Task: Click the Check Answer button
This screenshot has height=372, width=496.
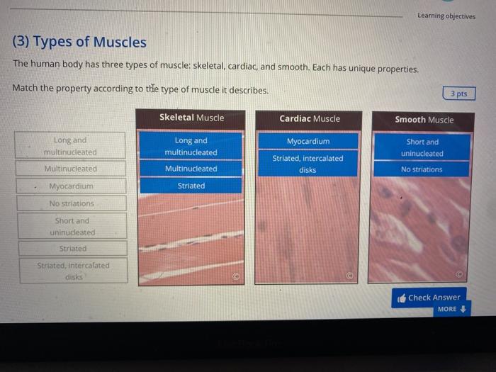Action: tap(429, 298)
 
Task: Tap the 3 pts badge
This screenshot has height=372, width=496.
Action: tap(459, 94)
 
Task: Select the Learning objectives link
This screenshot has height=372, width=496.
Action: tap(446, 16)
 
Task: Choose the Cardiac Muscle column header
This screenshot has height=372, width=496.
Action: tap(309, 118)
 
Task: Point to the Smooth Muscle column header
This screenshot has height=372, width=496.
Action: tap(424, 119)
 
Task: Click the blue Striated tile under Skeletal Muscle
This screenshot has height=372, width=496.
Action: tap(191, 186)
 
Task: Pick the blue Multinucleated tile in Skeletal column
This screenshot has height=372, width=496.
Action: tap(191, 169)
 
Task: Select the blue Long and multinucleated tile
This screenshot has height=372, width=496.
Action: tap(191, 146)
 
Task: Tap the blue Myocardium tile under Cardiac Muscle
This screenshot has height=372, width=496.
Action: tap(308, 141)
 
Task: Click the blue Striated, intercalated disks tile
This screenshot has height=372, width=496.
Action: tap(308, 164)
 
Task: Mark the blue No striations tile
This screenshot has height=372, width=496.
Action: tap(422, 169)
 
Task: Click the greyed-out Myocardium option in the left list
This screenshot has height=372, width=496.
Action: tap(72, 186)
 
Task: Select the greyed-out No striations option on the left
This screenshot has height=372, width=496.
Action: tap(72, 203)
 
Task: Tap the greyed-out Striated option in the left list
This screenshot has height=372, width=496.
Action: tap(73, 249)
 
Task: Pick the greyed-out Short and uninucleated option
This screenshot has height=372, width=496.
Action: tap(72, 226)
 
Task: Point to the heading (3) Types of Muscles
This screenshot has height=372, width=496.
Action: tap(79, 42)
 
